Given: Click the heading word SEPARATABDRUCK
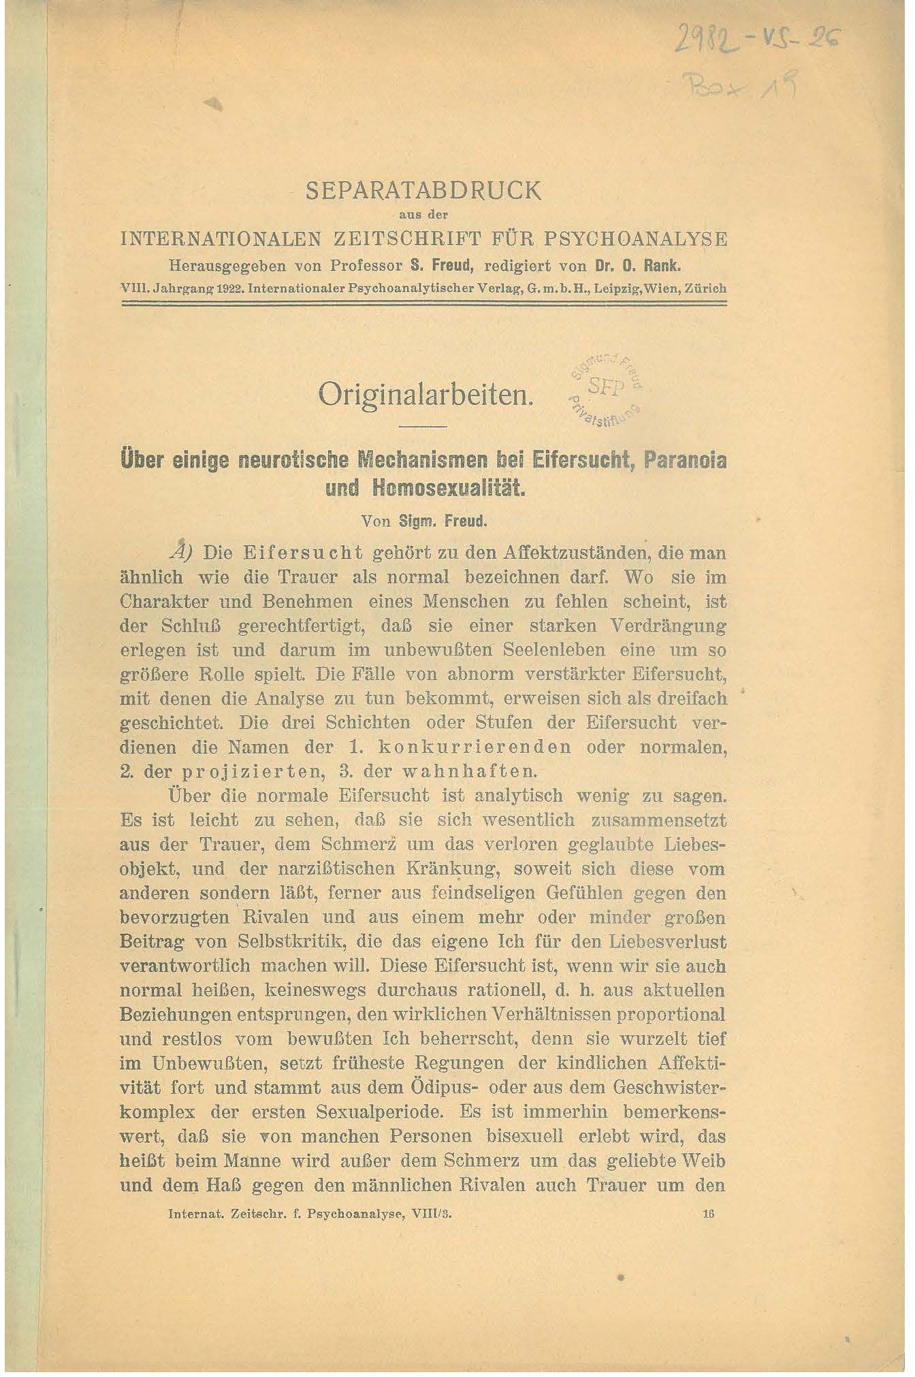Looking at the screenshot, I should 423,191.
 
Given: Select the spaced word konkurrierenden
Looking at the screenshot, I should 475,747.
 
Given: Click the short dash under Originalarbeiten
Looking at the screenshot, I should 422,427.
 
